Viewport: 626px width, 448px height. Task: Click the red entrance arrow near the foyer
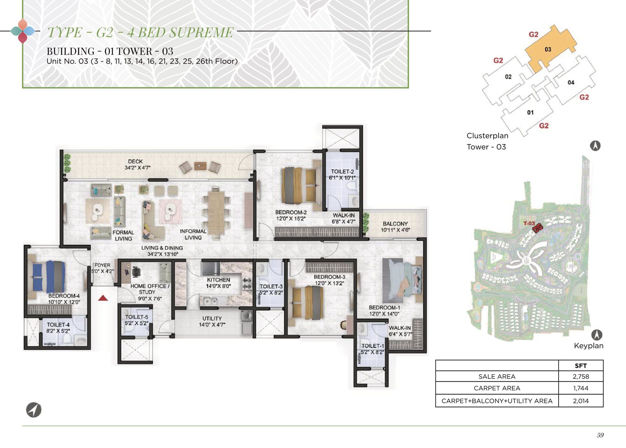pos(103,298)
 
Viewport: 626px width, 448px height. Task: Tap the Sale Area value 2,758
pos(581,376)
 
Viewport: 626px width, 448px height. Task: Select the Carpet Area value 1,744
pos(581,388)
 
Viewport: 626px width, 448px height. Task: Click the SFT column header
pos(581,366)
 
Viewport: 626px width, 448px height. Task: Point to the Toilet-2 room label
pos(342,172)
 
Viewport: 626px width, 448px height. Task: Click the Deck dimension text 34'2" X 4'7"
pos(138,168)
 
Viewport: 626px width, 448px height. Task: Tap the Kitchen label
pos(218,280)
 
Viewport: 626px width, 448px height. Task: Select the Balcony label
pos(395,224)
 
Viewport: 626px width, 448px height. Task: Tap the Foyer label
pos(102,265)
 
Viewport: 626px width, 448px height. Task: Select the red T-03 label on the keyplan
pos(529,223)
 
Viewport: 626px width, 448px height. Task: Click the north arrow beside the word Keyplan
pos(596,335)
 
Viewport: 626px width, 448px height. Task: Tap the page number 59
pos(600,435)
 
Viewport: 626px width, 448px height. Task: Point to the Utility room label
pos(212,318)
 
